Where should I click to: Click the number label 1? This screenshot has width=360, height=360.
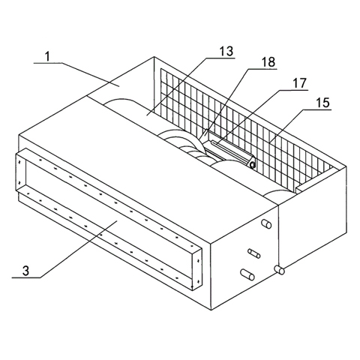[x=48, y=57]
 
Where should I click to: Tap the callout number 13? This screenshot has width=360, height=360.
[x=226, y=51]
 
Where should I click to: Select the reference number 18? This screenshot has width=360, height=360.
[x=268, y=62]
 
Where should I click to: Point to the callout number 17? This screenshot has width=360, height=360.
[x=299, y=83]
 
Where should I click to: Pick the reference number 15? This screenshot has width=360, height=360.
[x=322, y=103]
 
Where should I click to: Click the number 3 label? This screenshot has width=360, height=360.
[x=25, y=271]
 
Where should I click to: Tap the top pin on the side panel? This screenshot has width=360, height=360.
[x=266, y=223]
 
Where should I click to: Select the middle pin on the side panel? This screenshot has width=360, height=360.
[x=254, y=253]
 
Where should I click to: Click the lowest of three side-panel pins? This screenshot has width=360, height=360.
[x=247, y=274]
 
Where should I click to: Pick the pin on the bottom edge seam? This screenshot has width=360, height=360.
[x=280, y=270]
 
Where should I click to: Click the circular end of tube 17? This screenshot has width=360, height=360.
[x=253, y=165]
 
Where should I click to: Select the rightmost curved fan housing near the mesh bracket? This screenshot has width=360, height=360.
[x=278, y=194]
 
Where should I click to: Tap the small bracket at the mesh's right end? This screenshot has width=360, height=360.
[x=316, y=180]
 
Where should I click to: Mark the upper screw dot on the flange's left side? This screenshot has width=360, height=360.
[x=19, y=162]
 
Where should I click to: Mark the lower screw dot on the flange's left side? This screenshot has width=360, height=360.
[x=19, y=182]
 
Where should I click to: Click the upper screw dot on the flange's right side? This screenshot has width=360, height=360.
[x=198, y=261]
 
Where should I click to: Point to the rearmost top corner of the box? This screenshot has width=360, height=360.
[x=154, y=57]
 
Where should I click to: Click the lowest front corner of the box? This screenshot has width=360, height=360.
[x=211, y=310]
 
